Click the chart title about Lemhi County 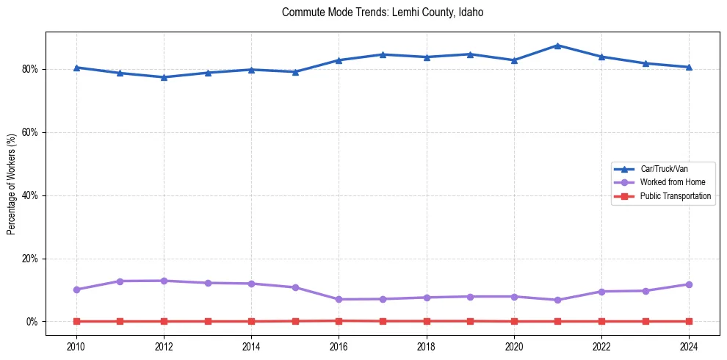coord(383,12)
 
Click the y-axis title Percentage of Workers coord(12,184)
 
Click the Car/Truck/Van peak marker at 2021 coord(557,46)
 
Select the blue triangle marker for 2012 coord(164,77)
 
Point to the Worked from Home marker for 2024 coord(689,284)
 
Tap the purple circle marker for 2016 coord(339,299)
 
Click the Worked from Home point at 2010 coord(76,289)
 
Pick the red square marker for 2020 coord(514,321)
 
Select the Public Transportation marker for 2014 coord(251,321)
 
